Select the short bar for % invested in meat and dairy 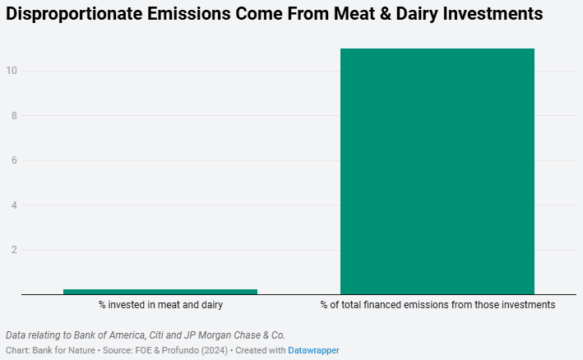pyautogui.click(x=160, y=291)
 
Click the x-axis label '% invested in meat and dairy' pyautogui.click(x=160, y=305)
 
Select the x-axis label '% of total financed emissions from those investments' pyautogui.click(x=437, y=305)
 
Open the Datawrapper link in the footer pyautogui.click(x=313, y=350)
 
